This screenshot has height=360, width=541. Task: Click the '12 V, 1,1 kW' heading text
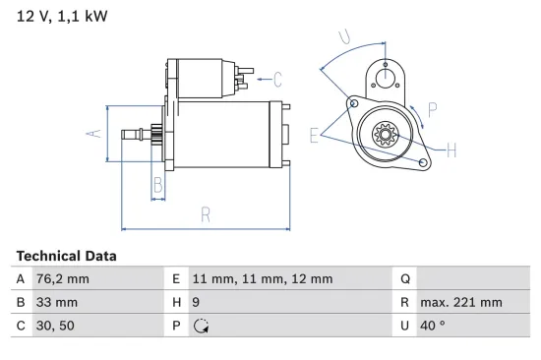(x=62, y=17)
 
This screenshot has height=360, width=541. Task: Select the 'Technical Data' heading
(x=66, y=256)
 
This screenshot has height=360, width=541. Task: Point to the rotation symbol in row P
(x=202, y=327)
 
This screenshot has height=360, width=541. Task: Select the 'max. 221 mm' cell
(x=460, y=303)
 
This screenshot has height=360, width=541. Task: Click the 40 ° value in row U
(x=432, y=327)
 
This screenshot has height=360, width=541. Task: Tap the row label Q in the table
(x=403, y=278)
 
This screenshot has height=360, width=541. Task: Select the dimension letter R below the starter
(x=206, y=213)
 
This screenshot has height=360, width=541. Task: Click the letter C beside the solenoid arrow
(x=277, y=79)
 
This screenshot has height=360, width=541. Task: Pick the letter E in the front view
(x=314, y=136)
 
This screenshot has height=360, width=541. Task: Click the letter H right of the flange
(x=451, y=150)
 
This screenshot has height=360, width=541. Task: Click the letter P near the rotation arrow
(x=432, y=110)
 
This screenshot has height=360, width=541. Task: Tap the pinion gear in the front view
(x=385, y=135)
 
